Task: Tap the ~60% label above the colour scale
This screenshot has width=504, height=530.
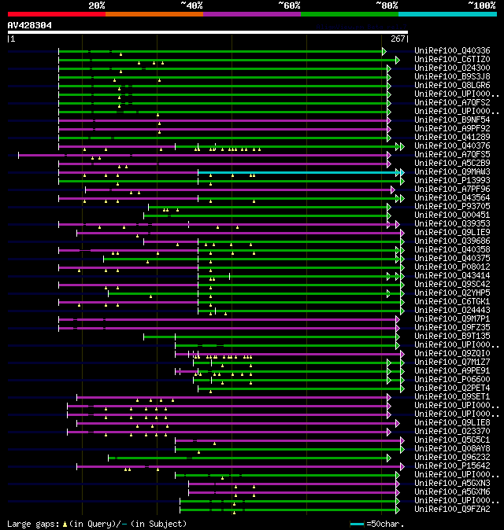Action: point(289,6)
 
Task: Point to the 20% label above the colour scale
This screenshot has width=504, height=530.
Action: point(96,6)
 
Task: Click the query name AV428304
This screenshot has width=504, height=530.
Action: point(30,25)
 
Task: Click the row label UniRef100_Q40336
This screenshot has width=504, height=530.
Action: point(452,50)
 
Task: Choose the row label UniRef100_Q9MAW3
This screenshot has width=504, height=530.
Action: point(452,171)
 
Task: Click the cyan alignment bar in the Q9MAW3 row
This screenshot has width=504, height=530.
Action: point(299,171)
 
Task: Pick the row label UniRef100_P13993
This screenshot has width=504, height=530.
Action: point(452,180)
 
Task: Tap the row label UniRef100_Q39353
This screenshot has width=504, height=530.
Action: point(452,223)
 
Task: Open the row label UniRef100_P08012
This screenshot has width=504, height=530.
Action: point(452,267)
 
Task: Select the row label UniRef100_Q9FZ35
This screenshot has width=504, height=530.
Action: point(452,327)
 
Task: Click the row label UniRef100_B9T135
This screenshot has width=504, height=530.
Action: point(452,336)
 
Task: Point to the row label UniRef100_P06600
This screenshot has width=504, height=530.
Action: point(452,379)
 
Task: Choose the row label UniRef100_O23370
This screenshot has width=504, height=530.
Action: point(452,431)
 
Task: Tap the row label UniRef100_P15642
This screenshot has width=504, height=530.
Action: point(452,466)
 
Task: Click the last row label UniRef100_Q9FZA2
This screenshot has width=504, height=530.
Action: point(452,509)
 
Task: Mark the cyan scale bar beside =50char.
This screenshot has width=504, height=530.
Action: point(358,524)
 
